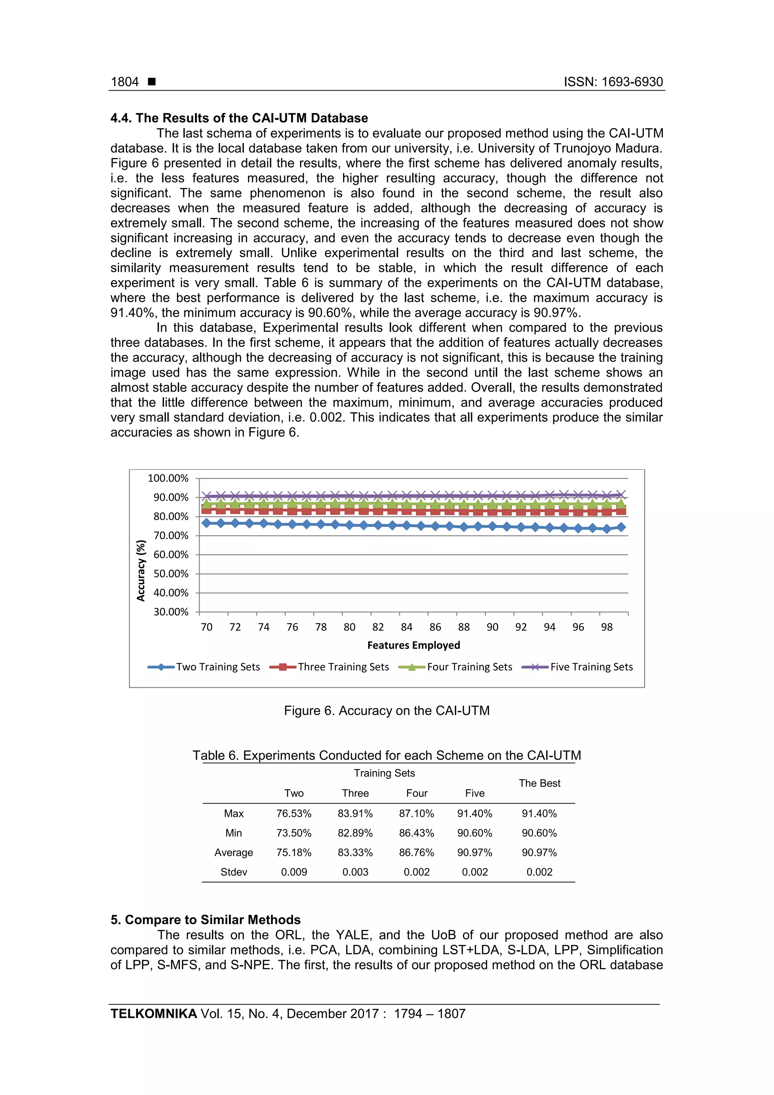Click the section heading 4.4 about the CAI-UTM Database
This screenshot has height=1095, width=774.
(x=239, y=118)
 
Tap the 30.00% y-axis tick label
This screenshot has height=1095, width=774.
(x=171, y=612)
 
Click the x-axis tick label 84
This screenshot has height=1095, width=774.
(x=406, y=627)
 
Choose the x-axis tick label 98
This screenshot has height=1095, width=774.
(x=606, y=627)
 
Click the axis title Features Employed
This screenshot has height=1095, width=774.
(x=413, y=645)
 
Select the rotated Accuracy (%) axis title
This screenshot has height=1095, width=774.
(x=141, y=570)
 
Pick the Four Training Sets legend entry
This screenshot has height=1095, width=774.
(x=469, y=667)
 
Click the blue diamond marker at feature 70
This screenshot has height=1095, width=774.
(x=206, y=523)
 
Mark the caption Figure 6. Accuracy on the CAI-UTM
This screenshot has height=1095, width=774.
(x=387, y=711)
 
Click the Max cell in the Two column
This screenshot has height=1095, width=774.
(x=294, y=814)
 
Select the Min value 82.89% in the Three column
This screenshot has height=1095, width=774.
(x=355, y=833)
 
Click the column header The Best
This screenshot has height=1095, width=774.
(x=539, y=783)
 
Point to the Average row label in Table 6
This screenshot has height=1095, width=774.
(x=234, y=853)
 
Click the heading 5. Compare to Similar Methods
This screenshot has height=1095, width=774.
(x=206, y=920)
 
